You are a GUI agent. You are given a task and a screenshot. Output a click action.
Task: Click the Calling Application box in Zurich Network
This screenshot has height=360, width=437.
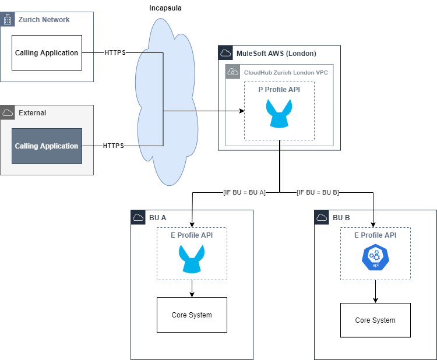[46, 52]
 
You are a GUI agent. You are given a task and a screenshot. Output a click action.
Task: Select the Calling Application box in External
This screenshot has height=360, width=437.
[47, 146]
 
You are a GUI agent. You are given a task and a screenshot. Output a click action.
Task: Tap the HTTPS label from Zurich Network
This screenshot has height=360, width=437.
[115, 52]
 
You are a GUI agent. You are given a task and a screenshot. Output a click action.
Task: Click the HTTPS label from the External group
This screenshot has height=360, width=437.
[113, 146]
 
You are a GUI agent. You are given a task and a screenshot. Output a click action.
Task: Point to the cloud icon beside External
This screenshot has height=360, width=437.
[8, 112]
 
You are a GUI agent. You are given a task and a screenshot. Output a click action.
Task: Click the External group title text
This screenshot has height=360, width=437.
[32, 113]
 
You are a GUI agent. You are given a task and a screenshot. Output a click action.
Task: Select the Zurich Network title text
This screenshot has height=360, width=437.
[44, 20]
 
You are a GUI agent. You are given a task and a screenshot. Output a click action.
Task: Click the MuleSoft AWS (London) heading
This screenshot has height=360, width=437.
[276, 54]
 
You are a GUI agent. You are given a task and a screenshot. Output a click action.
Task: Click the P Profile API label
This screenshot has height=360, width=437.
[279, 90]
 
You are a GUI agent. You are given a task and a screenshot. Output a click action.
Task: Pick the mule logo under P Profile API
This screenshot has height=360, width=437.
[279, 113]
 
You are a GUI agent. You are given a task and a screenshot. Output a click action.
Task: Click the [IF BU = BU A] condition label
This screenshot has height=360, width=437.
[244, 192]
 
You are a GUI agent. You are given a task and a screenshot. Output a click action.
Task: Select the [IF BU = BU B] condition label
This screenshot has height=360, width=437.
[318, 192]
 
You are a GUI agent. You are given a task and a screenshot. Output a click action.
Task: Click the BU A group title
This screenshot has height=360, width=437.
[157, 218]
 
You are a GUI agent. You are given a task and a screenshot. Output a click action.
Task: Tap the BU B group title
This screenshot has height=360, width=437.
[341, 218]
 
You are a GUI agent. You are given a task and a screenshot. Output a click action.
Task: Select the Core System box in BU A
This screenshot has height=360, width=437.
[192, 315]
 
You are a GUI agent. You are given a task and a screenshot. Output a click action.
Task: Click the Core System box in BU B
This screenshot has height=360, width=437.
[375, 320]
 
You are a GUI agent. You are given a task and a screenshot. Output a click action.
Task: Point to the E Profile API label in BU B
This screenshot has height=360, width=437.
[375, 235]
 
